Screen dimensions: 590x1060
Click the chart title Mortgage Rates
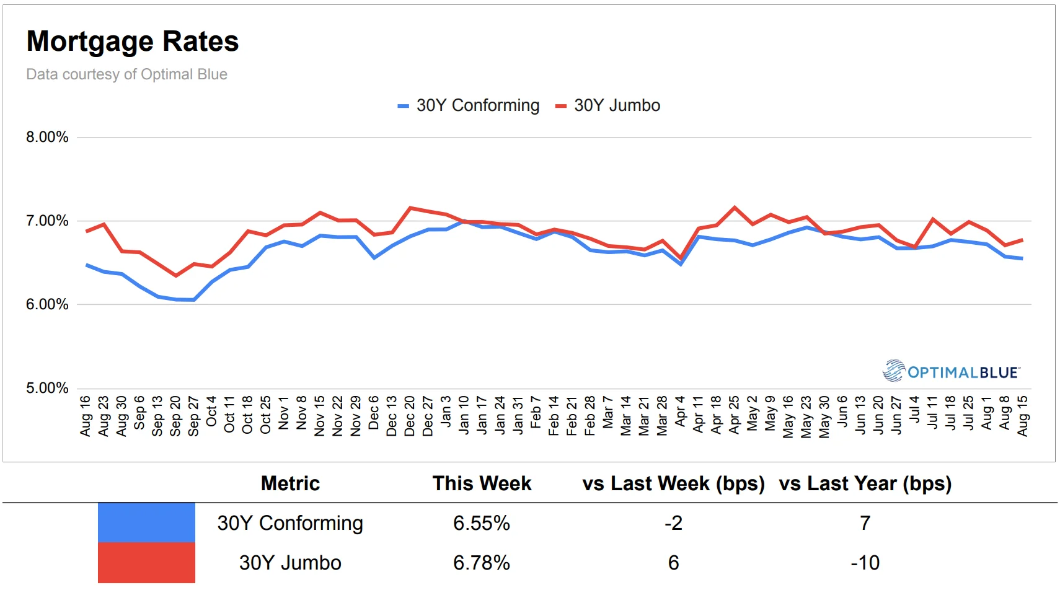coord(133,42)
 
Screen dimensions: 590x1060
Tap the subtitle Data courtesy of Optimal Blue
coord(126,74)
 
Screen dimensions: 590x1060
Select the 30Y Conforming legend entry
coord(469,105)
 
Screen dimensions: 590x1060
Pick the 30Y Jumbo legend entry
coord(608,105)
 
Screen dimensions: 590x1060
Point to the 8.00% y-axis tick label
coord(47,137)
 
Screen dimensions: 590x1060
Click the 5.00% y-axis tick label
coord(47,388)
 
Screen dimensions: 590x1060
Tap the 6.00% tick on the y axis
coord(47,304)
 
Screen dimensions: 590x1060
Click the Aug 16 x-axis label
coord(86,416)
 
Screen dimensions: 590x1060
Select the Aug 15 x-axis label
coord(1023,416)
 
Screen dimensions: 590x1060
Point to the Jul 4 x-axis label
coord(914,410)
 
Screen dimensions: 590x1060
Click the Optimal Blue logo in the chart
coord(951,371)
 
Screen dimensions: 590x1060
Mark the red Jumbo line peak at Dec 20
coord(410,208)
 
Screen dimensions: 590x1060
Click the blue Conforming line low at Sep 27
coord(194,300)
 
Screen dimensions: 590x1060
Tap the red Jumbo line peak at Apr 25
coord(735,207)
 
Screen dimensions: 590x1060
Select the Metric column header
coord(290,483)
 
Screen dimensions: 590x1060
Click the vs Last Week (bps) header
coord(673,483)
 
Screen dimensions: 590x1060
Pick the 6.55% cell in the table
coord(481,523)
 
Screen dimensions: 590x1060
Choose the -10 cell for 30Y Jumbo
coord(865,563)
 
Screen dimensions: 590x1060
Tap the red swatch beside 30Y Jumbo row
coord(146,563)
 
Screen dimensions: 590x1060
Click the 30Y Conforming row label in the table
coord(290,523)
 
